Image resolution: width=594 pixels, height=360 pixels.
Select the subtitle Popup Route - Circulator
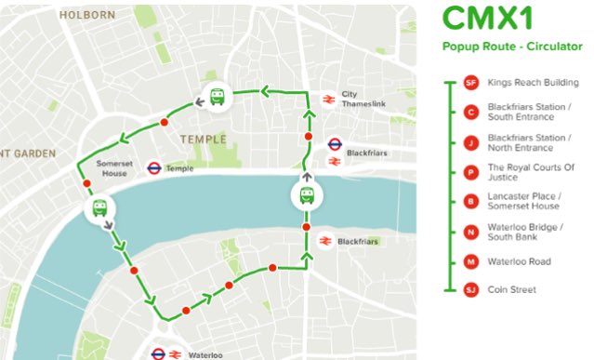512,46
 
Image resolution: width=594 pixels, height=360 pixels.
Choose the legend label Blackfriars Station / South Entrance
527,113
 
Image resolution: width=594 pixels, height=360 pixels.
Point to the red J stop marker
470,142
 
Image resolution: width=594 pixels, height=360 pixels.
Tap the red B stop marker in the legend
470,201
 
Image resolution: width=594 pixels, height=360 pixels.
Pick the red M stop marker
470,261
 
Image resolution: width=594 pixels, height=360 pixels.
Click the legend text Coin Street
512,290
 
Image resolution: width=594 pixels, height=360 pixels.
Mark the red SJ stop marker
470,290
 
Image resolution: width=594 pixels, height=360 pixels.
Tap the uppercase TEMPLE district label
204,140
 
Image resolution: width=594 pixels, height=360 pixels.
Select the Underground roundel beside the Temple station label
154,168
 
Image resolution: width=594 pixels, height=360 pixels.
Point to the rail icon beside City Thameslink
328,99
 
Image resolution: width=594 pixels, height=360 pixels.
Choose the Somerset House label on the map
110,168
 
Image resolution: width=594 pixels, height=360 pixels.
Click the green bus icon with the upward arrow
306,194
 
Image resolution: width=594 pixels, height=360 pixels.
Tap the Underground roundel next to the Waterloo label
159,354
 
